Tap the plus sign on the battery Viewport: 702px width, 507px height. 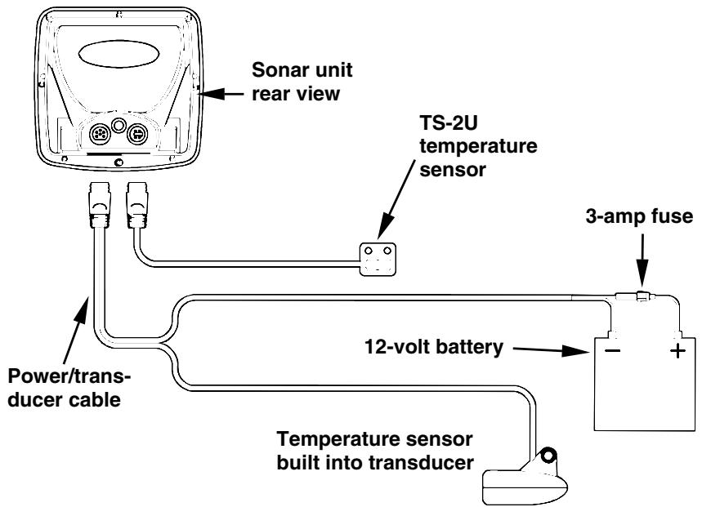(675, 355)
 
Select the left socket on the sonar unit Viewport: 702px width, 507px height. (96, 134)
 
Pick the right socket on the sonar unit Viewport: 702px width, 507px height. (138, 134)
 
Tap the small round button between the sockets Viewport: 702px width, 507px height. (118, 126)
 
